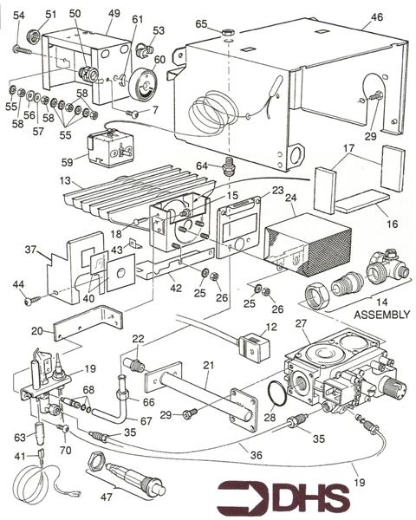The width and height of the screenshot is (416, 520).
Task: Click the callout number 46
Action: tap(376, 16)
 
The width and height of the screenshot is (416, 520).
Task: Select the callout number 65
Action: tap(201, 23)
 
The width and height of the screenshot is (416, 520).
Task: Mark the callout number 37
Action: tap(31, 250)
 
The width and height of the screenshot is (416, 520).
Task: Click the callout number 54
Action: tap(20, 16)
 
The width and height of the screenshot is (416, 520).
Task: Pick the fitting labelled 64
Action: tap(230, 165)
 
